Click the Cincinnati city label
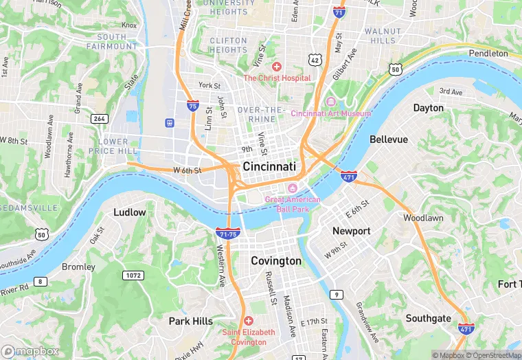(x=269, y=167)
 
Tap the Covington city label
(x=275, y=261)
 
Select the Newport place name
(x=351, y=232)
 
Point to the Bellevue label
(x=389, y=139)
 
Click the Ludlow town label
(x=130, y=212)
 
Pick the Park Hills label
(x=191, y=321)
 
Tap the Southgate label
(x=428, y=318)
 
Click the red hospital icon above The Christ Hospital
(x=276, y=67)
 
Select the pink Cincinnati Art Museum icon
(x=331, y=102)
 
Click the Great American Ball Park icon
(x=293, y=188)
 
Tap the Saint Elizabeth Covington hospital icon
(x=248, y=321)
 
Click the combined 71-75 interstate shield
(x=227, y=234)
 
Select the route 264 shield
(x=99, y=119)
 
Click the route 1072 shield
(x=133, y=275)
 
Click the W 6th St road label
(x=187, y=170)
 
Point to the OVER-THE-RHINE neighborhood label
(x=261, y=115)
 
